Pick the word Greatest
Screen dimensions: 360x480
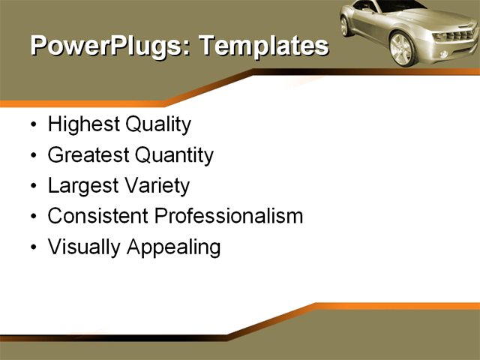(x=88, y=155)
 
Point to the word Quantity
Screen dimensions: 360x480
(x=174, y=156)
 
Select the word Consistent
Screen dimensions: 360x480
(x=97, y=216)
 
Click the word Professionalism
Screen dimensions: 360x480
(x=228, y=216)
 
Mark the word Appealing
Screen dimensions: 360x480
(x=173, y=248)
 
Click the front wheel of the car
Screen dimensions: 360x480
(x=402, y=48)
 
